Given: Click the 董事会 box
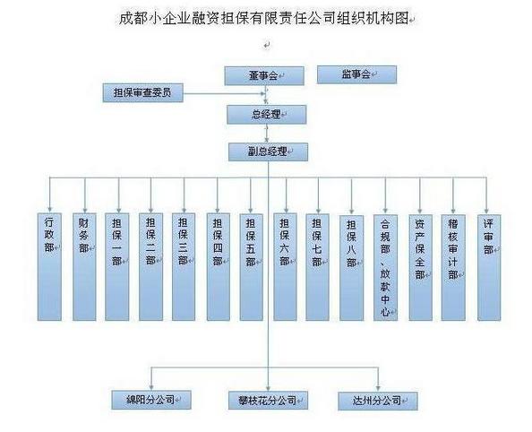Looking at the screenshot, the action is click(264, 75).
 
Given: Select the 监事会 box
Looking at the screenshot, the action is click(356, 74).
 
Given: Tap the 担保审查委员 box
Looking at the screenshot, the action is click(142, 92).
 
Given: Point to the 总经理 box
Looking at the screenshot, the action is click(266, 115).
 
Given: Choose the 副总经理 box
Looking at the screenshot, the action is click(268, 151).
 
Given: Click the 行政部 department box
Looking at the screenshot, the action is click(49, 267).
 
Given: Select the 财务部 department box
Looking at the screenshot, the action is click(84, 267).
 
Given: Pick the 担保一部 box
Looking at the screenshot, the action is click(117, 267).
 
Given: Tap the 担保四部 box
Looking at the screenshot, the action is click(219, 267).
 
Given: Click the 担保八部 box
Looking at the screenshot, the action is click(351, 268).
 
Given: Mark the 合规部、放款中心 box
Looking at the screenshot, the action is click(385, 268).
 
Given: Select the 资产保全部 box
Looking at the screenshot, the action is click(420, 268).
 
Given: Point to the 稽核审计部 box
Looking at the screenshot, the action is click(453, 268).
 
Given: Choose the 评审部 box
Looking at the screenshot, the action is click(489, 268).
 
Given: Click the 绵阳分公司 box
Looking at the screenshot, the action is click(151, 400).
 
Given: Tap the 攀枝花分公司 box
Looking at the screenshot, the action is click(268, 401).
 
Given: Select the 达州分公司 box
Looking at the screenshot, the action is click(378, 402).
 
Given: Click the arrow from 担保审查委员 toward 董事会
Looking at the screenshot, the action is click(224, 93).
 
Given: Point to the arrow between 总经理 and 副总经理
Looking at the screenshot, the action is click(267, 134).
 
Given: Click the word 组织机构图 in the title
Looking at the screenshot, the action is click(373, 18).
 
